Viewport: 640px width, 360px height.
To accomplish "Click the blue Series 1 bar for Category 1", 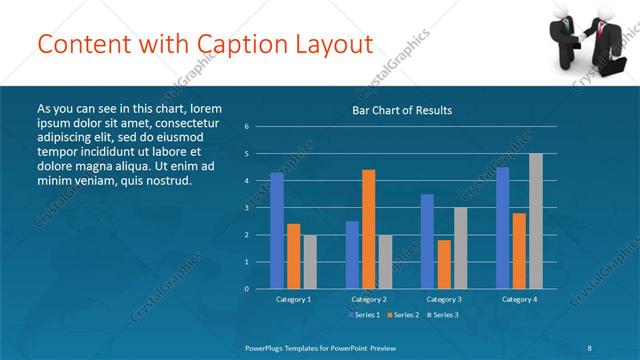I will click(x=277, y=230).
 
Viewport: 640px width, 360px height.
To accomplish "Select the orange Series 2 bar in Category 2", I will click(x=369, y=229).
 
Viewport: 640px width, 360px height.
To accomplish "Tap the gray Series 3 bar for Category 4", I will click(x=536, y=220).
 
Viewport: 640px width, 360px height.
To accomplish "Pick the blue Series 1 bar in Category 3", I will click(x=427, y=241).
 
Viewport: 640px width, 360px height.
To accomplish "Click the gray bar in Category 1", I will click(x=310, y=261).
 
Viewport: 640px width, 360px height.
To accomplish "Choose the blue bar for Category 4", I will click(x=503, y=228).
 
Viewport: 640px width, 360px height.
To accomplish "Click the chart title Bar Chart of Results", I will click(x=403, y=110).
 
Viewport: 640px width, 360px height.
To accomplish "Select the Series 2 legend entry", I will click(x=403, y=315).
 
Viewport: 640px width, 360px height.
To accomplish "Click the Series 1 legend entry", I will click(x=363, y=315).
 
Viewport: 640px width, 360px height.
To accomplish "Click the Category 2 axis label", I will click(x=369, y=299).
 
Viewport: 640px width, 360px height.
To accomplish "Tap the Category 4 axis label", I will click(x=520, y=299).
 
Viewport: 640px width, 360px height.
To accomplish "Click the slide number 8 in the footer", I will click(x=590, y=345).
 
